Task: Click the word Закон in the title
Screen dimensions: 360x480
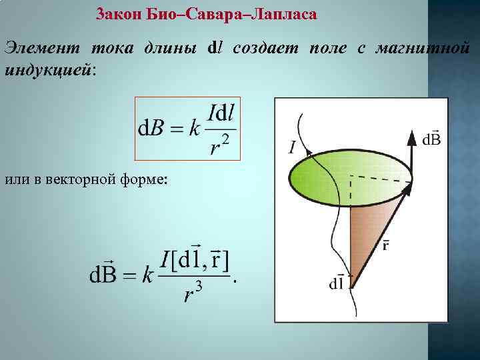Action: [118, 14]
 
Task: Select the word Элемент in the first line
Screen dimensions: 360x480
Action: [41, 49]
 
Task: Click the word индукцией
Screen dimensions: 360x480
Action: [49, 69]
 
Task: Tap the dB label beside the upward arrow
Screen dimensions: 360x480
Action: [431, 139]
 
